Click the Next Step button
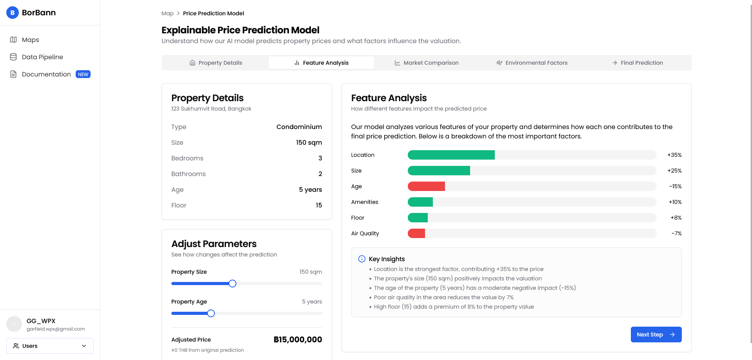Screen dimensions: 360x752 pyautogui.click(x=656, y=335)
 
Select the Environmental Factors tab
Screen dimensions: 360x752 pyautogui.click(x=532, y=63)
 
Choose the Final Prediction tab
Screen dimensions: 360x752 pyautogui.click(x=638, y=63)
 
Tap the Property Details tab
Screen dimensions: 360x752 pyautogui.click(x=216, y=63)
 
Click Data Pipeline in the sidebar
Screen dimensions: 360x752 pyautogui.click(x=42, y=57)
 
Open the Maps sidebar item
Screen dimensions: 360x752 pyautogui.click(x=31, y=40)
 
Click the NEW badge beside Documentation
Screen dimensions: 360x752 pyautogui.click(x=83, y=74)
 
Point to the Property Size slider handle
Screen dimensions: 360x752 pyautogui.click(x=233, y=284)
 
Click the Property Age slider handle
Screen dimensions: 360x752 pyautogui.click(x=211, y=313)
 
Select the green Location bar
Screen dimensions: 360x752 pyautogui.click(x=451, y=155)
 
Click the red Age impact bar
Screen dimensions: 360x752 pyautogui.click(x=426, y=186)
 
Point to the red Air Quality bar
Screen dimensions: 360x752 pyautogui.click(x=416, y=233)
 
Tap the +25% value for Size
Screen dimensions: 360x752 pyautogui.click(x=674, y=171)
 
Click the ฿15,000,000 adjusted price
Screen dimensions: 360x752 pyautogui.click(x=298, y=340)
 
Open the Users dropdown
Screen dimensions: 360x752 pyautogui.click(x=50, y=346)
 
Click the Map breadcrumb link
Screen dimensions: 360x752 pyautogui.click(x=167, y=13)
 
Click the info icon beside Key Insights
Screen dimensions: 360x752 pyautogui.click(x=362, y=259)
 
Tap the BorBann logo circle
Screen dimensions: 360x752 pyautogui.click(x=13, y=13)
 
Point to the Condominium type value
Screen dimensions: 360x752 pyautogui.click(x=299, y=127)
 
